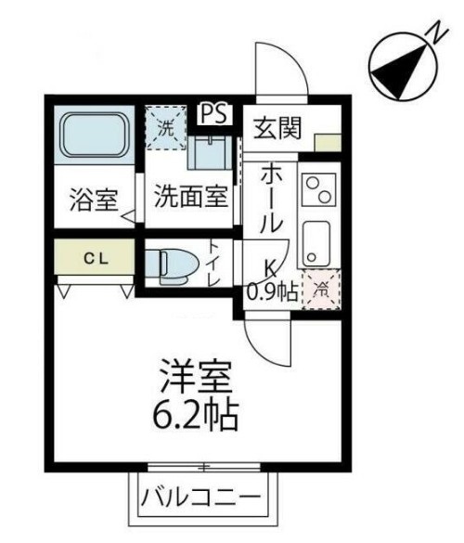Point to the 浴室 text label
point(95,200)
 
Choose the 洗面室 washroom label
point(190,197)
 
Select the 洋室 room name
point(196,378)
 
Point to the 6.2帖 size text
point(196,415)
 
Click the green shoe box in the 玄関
point(328,141)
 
